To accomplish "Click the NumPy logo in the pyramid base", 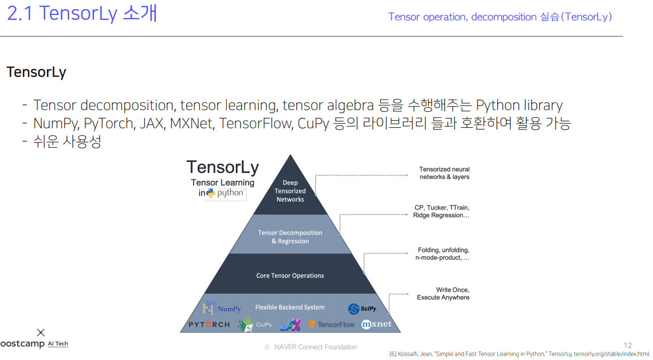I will click(x=221, y=309).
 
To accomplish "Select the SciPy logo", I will click(x=362, y=309).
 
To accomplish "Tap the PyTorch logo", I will click(x=209, y=324).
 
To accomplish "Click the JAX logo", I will click(x=290, y=324).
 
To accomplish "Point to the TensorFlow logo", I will click(x=331, y=324).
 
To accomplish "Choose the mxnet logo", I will click(x=377, y=324).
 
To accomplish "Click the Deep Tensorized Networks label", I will click(x=290, y=191).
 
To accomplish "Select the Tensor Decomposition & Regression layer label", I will click(x=290, y=237).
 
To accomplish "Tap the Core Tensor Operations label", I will click(x=290, y=275).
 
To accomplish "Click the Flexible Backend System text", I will click(x=290, y=308).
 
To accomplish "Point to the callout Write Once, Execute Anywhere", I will click(x=443, y=294).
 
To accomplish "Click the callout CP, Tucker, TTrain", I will click(x=441, y=211).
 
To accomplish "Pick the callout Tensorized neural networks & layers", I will click(x=444, y=173).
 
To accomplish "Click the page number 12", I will click(x=628, y=346).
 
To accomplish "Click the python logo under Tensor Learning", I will click(x=225, y=193).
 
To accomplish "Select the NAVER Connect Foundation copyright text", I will click(x=311, y=347).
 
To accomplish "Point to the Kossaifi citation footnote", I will click(x=519, y=354).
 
